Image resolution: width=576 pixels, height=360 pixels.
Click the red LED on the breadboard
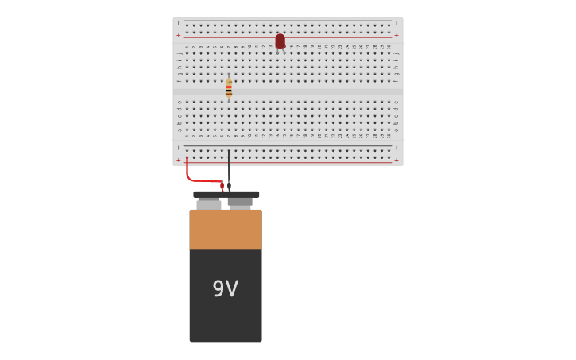[280, 40]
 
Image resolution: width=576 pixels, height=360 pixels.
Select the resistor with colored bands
[229, 87]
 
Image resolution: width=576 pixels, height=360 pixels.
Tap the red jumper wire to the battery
[199, 180]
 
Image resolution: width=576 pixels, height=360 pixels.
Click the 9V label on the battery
[225, 288]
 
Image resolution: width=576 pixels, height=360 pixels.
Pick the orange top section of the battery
[226, 229]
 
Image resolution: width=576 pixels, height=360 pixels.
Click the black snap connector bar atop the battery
[226, 194]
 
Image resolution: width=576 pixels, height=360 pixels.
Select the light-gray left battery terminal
[209, 203]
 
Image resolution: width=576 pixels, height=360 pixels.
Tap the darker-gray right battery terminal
[240, 203]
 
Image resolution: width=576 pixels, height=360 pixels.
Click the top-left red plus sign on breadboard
[178, 35]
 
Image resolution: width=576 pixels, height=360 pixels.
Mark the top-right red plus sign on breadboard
[396, 35]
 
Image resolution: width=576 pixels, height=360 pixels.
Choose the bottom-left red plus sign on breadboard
[178, 160]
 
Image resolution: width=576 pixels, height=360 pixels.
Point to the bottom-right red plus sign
[396, 160]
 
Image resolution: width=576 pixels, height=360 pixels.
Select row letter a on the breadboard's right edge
[396, 129]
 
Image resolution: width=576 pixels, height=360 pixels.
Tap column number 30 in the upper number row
[389, 47]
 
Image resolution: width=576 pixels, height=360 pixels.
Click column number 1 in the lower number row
[187, 136]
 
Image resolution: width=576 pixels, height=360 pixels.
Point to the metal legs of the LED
[282, 51]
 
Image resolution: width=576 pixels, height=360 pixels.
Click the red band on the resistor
[229, 86]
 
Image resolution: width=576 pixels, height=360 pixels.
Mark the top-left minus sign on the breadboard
[178, 23]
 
